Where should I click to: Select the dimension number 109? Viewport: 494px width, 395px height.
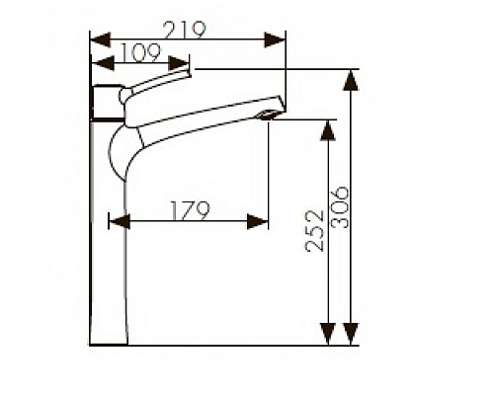[x=138, y=50]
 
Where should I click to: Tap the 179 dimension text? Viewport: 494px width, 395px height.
[x=189, y=209]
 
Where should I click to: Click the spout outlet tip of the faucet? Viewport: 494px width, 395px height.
[x=271, y=117]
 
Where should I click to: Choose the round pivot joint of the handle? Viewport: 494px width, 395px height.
[x=126, y=96]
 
